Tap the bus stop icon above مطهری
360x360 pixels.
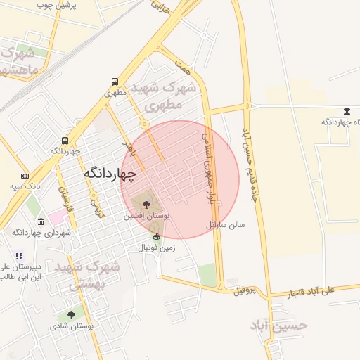point(115,82)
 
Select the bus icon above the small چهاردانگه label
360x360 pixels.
point(65,141)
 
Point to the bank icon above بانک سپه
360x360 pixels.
point(25,176)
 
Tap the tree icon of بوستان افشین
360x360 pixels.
point(146,205)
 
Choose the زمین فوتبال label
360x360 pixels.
point(155,247)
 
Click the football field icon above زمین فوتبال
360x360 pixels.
point(156,237)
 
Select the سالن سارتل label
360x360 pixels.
point(226,226)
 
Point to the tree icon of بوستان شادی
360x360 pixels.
point(71,316)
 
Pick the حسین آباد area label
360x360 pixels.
point(279,325)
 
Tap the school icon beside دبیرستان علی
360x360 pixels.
point(19,257)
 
